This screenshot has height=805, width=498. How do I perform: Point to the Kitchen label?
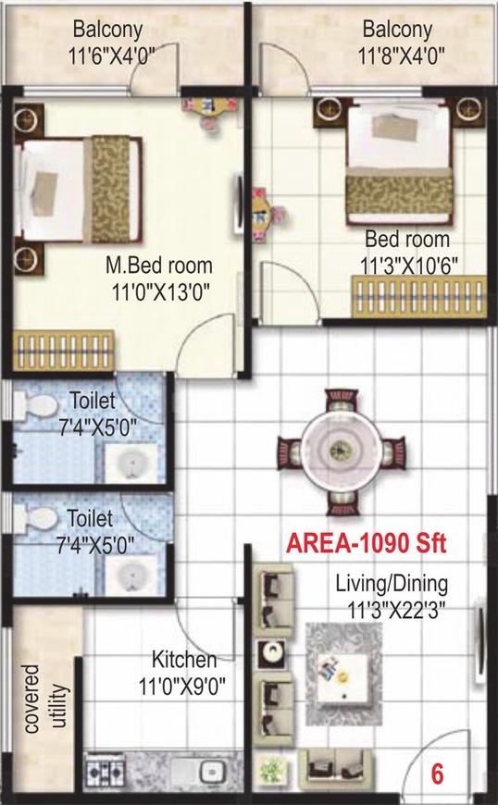point(184,660)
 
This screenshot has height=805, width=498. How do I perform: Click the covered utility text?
point(46,700)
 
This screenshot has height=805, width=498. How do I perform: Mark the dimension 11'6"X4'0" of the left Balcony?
point(111,55)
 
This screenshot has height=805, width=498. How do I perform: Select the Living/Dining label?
point(392,584)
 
